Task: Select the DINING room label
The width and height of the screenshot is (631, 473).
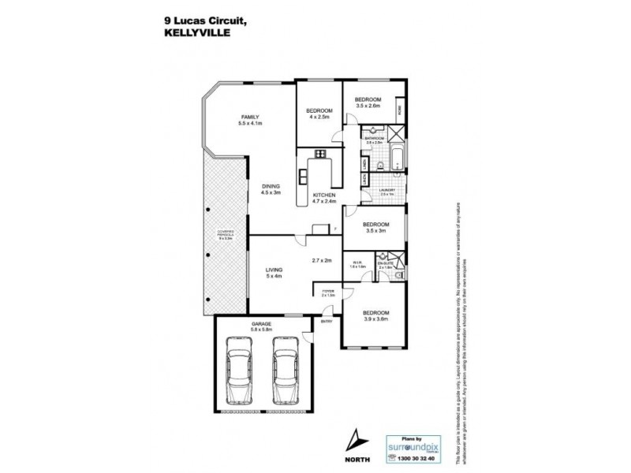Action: (x=271, y=185)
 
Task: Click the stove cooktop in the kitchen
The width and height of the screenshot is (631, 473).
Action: (x=320, y=154)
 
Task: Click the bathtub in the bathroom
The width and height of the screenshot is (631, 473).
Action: (x=398, y=158)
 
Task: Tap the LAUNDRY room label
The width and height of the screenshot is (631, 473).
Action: (x=386, y=190)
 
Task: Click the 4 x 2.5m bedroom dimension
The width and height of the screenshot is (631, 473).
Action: (x=319, y=117)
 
